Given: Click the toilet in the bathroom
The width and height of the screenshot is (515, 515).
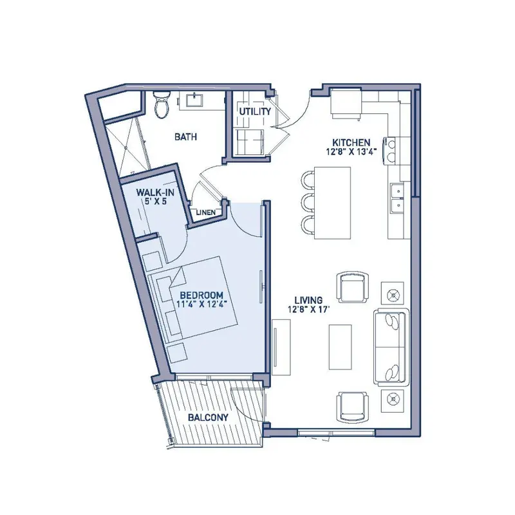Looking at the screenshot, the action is coord(162,104).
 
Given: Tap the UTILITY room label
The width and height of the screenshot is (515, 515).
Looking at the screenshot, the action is coord(255,111).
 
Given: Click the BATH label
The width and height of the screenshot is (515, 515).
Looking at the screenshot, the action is coord(185,136).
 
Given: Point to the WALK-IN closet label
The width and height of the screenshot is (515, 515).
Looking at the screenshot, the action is coord(155,192).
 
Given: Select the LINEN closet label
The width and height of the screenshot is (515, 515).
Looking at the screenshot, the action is coord(206,212).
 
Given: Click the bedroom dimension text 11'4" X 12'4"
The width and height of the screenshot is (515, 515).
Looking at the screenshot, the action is coord(202,304).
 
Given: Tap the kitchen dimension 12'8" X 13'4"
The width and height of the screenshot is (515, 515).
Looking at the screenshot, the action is coord(351,151).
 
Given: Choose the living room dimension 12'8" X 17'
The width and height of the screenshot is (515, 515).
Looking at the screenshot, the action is coord(308,309).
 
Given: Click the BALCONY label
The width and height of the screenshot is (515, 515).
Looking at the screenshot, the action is coord(208,417).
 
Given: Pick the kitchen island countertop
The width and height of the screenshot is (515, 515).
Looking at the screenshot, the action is coord(332,203).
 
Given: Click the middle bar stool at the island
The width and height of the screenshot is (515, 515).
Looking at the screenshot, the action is coord(308,203).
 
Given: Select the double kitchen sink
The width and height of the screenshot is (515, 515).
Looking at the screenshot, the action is coord(397,198).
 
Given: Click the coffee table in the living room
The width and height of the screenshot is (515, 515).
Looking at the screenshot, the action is coord(341,347).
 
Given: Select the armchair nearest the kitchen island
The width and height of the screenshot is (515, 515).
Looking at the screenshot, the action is coord(353,286).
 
